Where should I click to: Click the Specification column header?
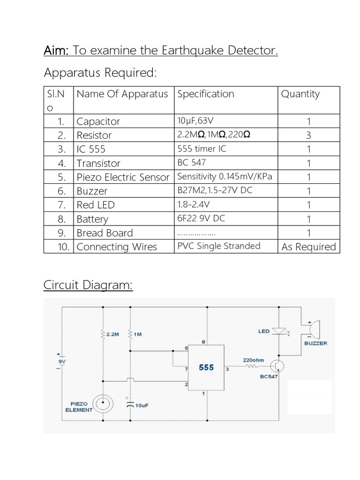pos(206,94)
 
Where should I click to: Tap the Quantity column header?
pos(300,94)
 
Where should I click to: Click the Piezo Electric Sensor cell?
pos(122,177)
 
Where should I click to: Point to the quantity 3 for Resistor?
pos(308,135)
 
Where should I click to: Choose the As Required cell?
pos(308,247)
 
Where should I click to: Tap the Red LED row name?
pos(96,205)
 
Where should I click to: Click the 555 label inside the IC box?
pos(206,367)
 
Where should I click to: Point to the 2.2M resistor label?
pos(112,335)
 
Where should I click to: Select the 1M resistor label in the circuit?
pos(137,335)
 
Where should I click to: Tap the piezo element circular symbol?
pos(103,403)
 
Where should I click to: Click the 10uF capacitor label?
pos(142,405)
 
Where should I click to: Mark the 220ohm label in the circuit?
pos(254,360)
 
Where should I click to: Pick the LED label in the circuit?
pos(264,331)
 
